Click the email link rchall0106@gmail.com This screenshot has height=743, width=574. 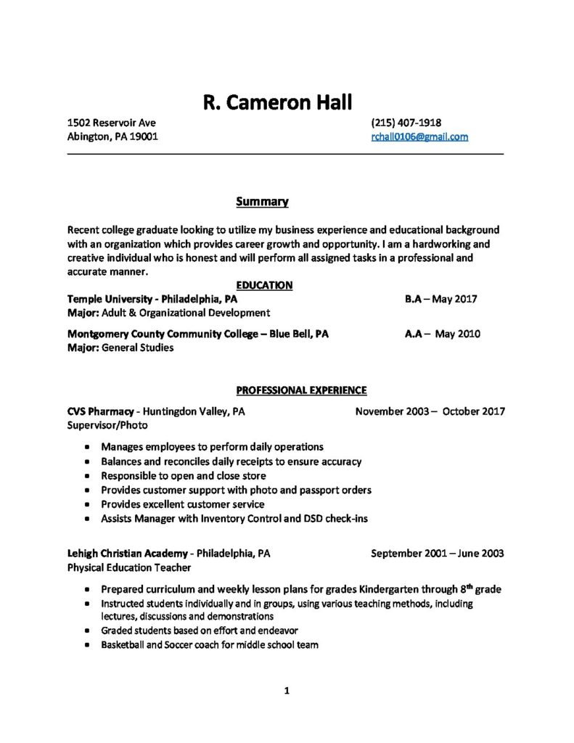[x=419, y=136]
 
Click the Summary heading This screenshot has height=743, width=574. [x=262, y=200]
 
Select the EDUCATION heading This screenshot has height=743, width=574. [x=264, y=286]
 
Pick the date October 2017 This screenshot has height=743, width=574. [x=473, y=411]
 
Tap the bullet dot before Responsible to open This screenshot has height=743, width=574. [x=88, y=476]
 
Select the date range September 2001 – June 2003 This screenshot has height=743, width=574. [x=438, y=553]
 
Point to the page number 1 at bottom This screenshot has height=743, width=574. [x=287, y=691]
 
